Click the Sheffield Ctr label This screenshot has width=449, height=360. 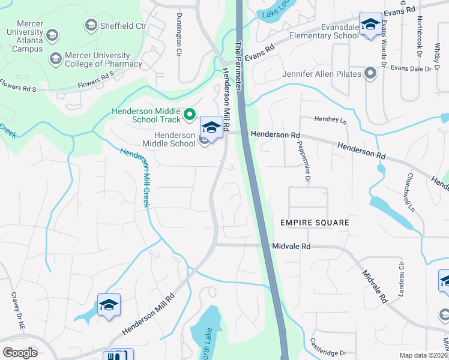click(124, 25)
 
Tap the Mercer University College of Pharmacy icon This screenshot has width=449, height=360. click(56, 58)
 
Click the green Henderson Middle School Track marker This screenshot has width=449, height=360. click(190, 113)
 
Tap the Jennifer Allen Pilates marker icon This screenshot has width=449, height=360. click(370, 74)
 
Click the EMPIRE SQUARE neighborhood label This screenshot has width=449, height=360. click(315, 223)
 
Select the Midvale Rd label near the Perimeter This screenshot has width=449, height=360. click(291, 246)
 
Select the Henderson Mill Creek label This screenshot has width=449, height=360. click(134, 178)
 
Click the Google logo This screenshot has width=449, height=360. click(20, 352)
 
